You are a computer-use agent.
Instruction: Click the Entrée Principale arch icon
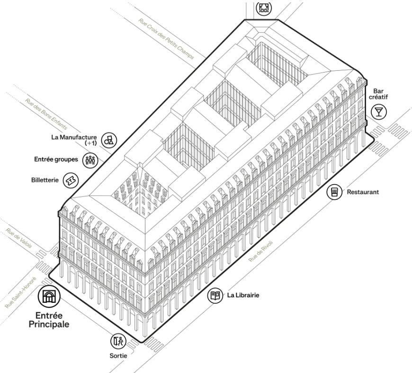[49, 297]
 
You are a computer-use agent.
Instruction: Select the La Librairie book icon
[215, 296]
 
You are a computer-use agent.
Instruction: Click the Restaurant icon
[335, 192]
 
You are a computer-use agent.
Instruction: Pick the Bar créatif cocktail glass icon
[379, 112]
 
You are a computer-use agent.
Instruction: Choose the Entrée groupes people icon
[90, 159]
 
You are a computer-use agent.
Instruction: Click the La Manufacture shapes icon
[109, 139]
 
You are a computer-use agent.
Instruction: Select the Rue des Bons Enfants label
[46, 114]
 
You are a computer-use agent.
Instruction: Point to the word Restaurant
[363, 192]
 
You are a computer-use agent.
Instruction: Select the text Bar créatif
[379, 94]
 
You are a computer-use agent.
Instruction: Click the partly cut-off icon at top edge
[264, 7]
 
